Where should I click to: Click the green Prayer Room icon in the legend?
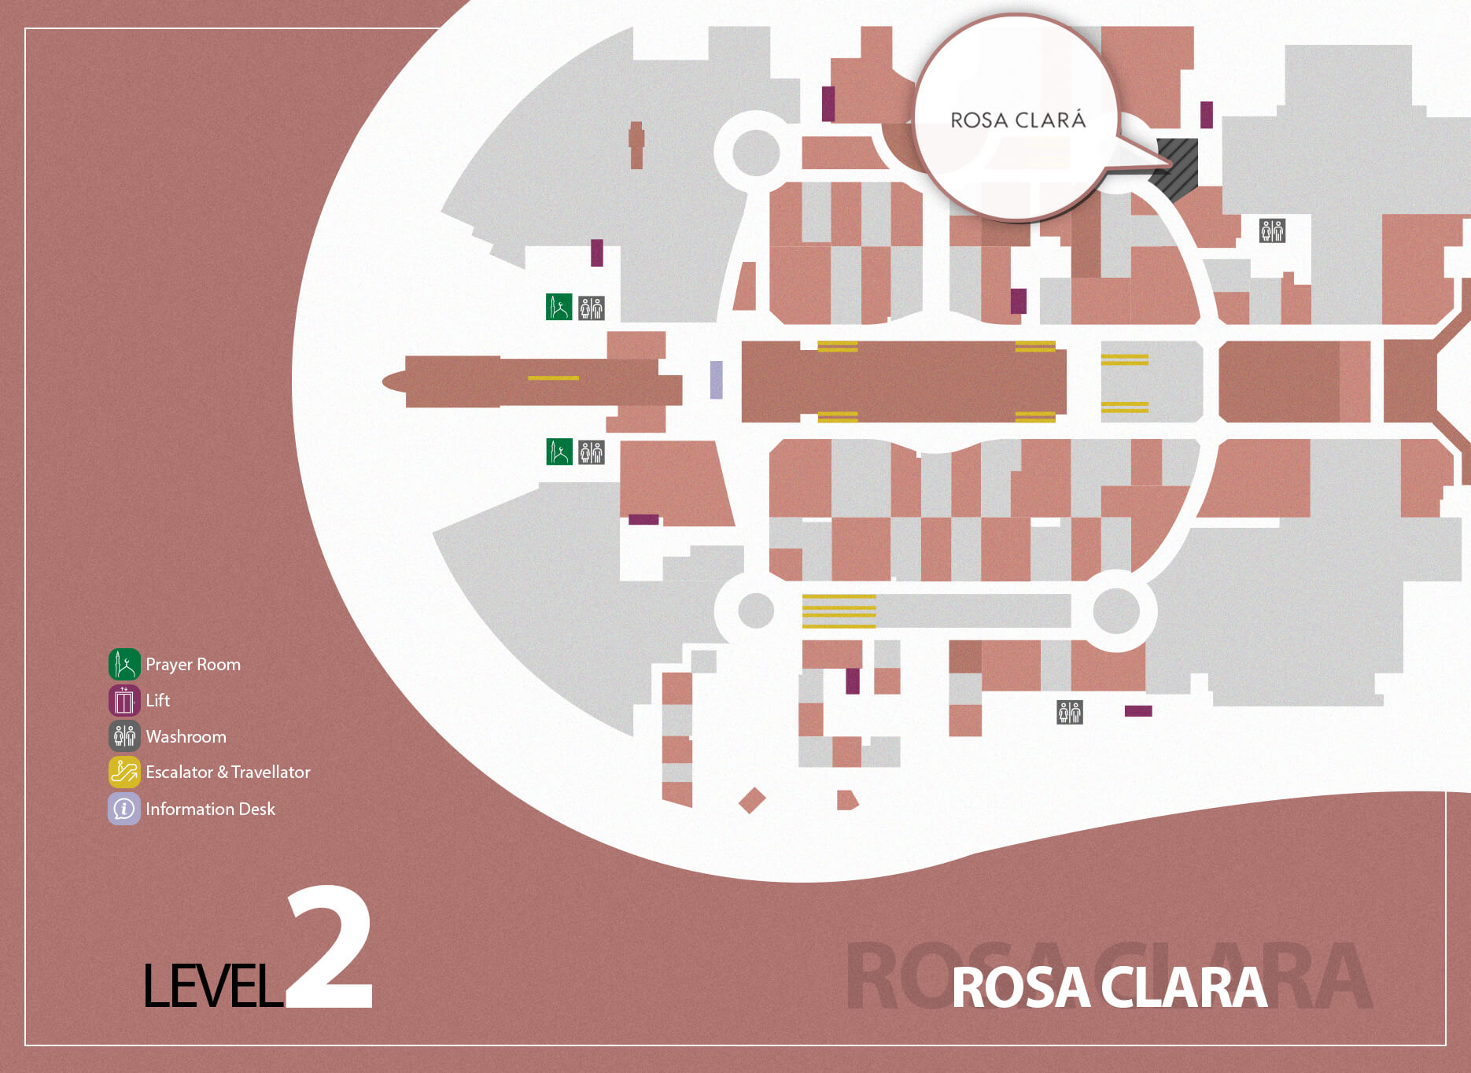124,665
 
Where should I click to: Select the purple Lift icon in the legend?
124,700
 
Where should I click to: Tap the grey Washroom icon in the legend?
124,736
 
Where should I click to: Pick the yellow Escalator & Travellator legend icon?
124,772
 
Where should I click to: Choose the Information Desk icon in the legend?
124,809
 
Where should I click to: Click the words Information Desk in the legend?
210,809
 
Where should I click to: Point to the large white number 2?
330,948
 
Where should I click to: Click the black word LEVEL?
212,986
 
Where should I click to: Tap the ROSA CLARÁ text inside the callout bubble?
1018,120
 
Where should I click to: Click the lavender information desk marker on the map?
716,380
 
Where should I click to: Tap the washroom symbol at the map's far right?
1272,230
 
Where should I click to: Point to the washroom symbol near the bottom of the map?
1069,712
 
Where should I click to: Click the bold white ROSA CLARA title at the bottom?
1109,987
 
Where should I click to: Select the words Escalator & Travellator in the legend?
227,772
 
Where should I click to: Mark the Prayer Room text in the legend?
193,665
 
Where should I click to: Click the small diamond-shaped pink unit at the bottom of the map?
752,801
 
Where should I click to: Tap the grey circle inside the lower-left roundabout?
756,610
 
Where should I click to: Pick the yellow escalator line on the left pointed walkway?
553,378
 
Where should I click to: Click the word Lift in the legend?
157,700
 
